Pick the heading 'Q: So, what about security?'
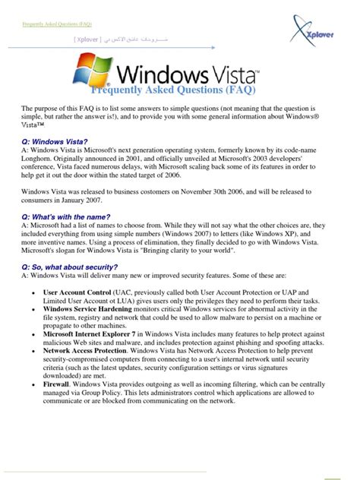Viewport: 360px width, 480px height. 70,267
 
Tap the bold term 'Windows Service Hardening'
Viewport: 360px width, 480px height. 87,309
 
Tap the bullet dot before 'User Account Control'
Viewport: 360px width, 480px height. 30,292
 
